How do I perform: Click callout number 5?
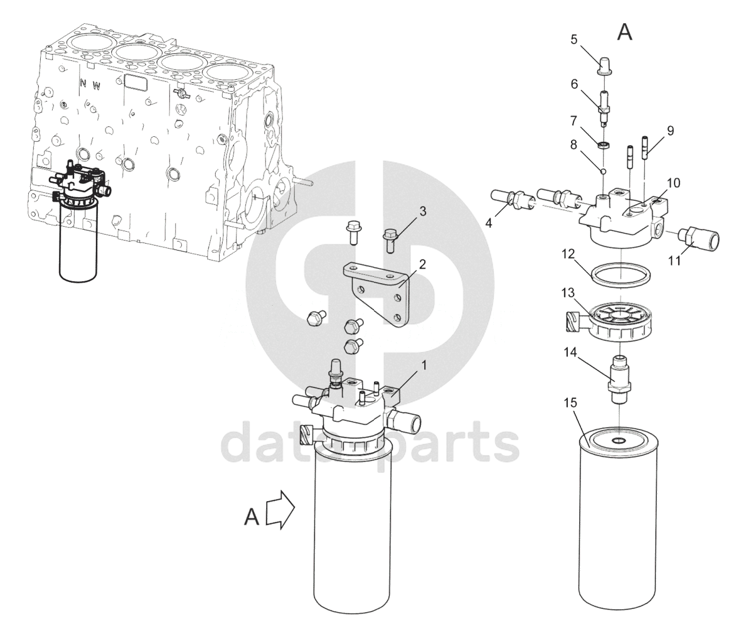coord(573,40)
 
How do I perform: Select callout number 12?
coord(568,254)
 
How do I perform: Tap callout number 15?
coord(570,403)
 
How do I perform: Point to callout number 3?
coord(422,211)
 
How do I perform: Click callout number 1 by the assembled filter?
coord(424,365)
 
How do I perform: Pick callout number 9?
coord(670,131)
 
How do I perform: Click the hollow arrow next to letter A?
coord(280,509)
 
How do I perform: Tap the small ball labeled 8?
coord(604,171)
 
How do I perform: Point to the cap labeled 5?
coord(604,66)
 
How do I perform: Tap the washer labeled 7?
coord(604,144)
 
